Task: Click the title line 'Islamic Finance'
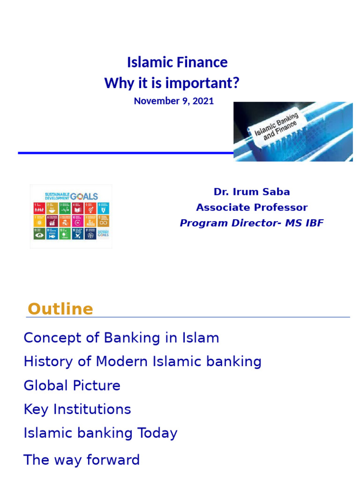[x=177, y=62]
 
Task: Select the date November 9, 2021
[x=173, y=101]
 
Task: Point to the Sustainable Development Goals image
[x=71, y=216]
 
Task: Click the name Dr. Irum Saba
[x=252, y=192]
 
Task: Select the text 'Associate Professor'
[x=252, y=207]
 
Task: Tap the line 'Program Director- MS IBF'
[x=252, y=223]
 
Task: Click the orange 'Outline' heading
[x=60, y=309]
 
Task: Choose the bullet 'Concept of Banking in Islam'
[x=121, y=337]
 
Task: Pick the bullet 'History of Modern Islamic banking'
[x=142, y=361]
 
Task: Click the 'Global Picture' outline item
[x=72, y=385]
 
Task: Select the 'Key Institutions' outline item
[x=77, y=409]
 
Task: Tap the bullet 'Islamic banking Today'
[x=100, y=433]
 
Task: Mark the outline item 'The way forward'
[x=82, y=460]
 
